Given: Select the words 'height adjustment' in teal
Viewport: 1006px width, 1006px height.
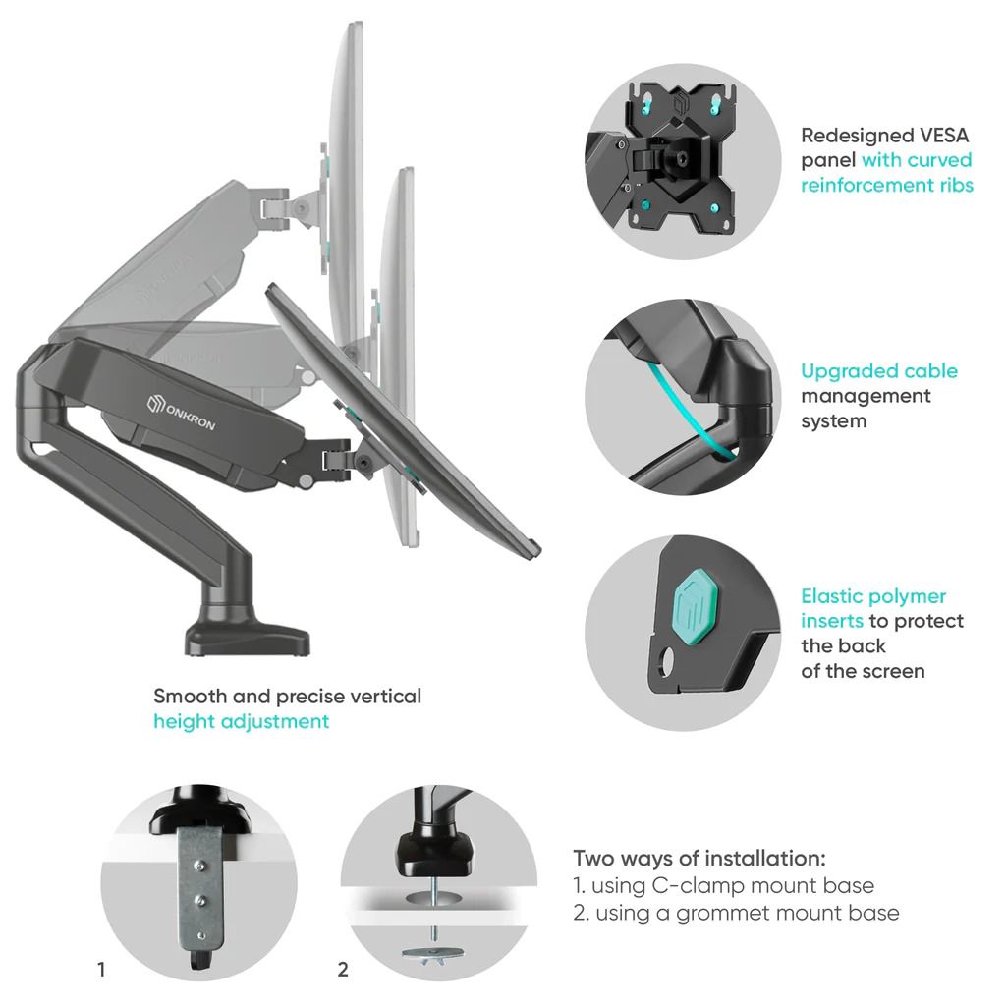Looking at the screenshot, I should [241, 721].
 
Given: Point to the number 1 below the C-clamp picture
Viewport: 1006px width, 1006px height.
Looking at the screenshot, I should [101, 970].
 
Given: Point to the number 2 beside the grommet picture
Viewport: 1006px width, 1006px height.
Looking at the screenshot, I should [343, 970].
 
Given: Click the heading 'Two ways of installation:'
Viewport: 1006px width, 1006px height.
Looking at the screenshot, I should [699, 857].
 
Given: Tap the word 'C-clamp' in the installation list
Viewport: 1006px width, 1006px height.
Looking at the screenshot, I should [699, 885].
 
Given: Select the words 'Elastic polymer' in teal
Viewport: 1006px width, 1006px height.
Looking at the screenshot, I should [872, 596].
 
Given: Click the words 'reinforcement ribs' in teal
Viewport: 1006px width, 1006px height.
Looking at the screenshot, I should [886, 185].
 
